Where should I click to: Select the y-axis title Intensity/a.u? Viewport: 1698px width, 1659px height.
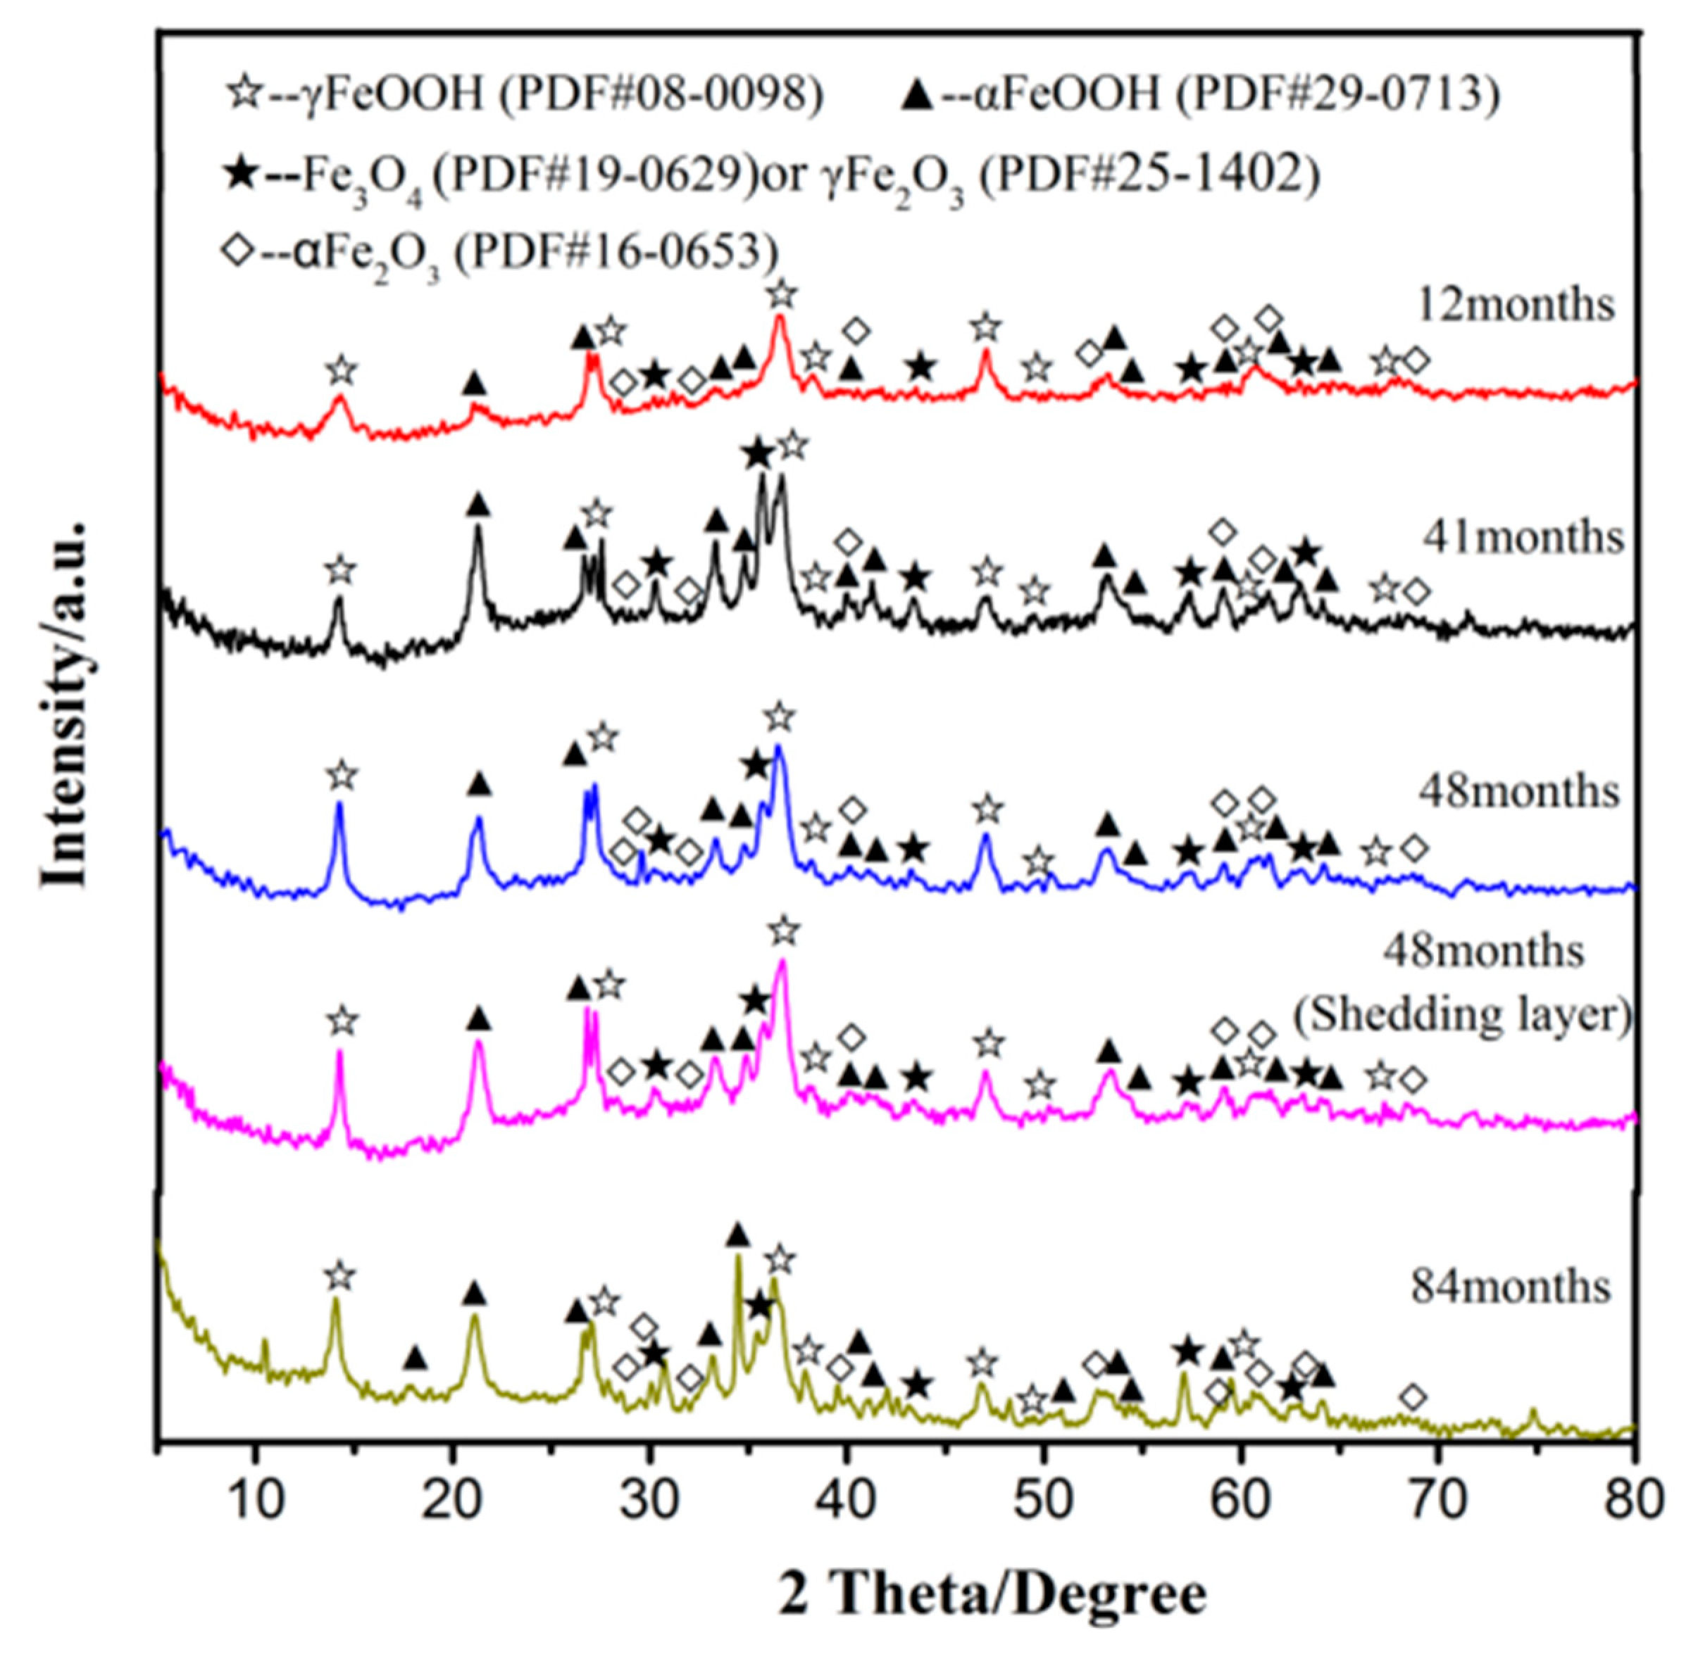pos(66,705)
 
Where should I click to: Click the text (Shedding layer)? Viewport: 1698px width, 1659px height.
pos(1463,1015)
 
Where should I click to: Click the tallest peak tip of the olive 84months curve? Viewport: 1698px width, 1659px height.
pos(737,1256)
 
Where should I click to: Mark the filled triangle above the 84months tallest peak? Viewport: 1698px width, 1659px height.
pos(737,1235)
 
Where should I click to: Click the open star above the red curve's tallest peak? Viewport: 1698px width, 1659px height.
pos(782,294)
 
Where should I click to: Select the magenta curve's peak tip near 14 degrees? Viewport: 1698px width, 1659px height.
pos(340,1051)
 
